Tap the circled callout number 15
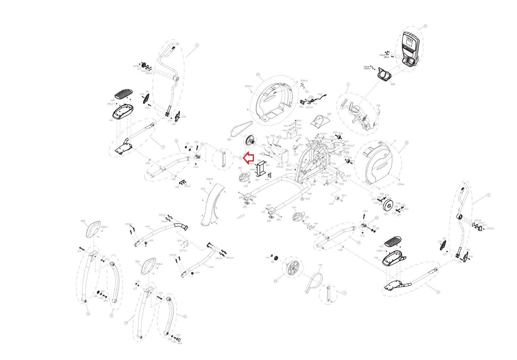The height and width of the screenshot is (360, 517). point(425,26)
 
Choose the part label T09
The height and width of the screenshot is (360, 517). point(320,265)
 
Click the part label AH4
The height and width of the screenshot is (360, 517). point(148,227)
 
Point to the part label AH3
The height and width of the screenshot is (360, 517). point(211,258)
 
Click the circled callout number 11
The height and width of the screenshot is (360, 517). point(111,315)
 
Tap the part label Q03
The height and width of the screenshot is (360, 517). point(203,189)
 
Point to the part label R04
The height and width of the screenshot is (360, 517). point(229,140)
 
